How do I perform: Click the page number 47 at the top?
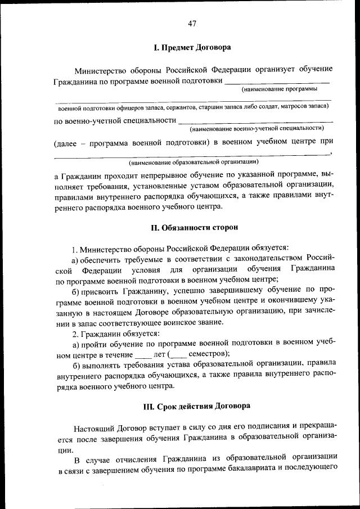click(192, 23)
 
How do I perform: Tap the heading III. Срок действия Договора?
click(196, 405)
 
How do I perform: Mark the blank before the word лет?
click(143, 355)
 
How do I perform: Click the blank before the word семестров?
click(178, 355)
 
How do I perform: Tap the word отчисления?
click(126, 457)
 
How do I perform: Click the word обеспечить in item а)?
click(102, 259)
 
